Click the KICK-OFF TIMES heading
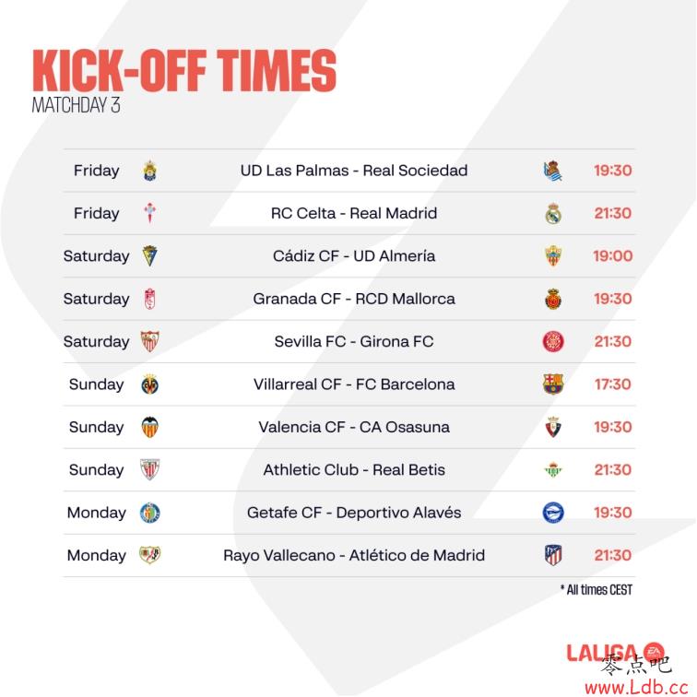[184, 71]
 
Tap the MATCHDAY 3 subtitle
[76, 105]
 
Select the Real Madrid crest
[553, 213]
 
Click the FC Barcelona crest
[553, 384]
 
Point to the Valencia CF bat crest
[149, 427]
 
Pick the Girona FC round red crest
[553, 341]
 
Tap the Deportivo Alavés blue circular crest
[553, 513]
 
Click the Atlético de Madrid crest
[553, 555]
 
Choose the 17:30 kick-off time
[613, 384]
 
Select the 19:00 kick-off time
[613, 256]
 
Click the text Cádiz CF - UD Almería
[354, 256]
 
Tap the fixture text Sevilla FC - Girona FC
[354, 341]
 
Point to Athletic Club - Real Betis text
[354, 470]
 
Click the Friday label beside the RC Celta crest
[97, 213]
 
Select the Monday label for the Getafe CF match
[97, 513]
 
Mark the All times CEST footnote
[597, 590]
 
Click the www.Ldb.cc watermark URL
[636, 687]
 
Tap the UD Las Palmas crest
[149, 171]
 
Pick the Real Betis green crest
[553, 470]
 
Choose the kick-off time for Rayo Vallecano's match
[613, 555]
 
